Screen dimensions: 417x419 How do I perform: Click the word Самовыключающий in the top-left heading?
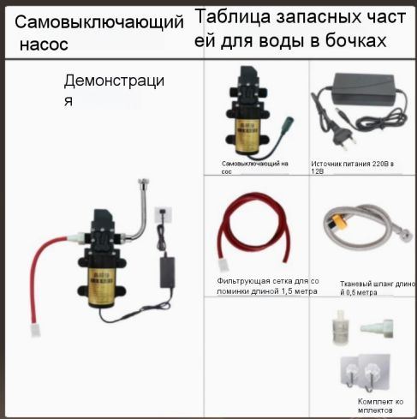click(x=99, y=22)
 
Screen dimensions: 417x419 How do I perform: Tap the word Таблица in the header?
click(x=233, y=17)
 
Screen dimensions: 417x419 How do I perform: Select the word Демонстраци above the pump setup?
click(x=114, y=81)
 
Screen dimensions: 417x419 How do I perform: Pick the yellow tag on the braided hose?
click(x=337, y=222)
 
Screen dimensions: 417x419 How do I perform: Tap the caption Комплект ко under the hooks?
click(x=380, y=402)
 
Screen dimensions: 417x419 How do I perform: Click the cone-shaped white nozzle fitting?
click(x=376, y=327)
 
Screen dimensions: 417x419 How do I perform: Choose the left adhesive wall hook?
click(x=350, y=371)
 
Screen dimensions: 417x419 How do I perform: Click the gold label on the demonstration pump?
click(x=101, y=285)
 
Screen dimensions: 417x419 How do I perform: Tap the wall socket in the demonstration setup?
click(x=163, y=215)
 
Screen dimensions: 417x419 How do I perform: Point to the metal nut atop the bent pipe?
click(x=143, y=182)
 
